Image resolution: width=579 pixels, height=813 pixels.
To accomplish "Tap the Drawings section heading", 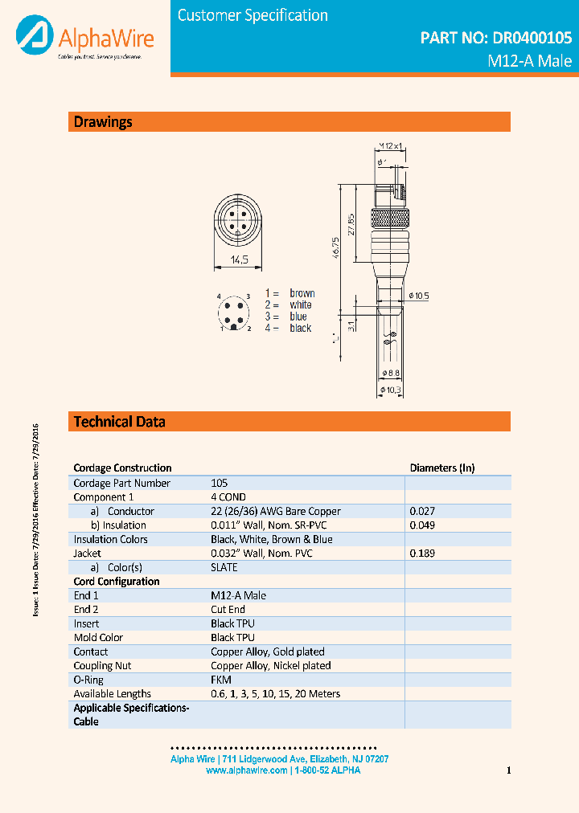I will pos(103,122).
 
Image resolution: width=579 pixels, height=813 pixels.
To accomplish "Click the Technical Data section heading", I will pos(120,422).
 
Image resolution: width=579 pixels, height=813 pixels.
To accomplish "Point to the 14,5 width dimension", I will pos(239,259).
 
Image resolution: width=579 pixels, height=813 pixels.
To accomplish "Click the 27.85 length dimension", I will pos(351,223).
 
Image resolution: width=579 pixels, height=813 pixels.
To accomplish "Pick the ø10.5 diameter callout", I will pos(419,296).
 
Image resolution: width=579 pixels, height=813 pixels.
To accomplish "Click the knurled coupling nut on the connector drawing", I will pos(390,217).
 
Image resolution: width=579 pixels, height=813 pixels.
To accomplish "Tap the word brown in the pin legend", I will pos(302,293).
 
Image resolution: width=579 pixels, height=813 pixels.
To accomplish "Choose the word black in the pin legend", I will pos(300,328).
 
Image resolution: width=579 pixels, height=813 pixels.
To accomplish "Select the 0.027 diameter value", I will pos(422,511).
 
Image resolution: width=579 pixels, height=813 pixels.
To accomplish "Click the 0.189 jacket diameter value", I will pos(422,554).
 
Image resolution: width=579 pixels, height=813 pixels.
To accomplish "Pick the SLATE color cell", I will pos(224,567).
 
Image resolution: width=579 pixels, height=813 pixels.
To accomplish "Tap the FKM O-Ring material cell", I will pos(221,680).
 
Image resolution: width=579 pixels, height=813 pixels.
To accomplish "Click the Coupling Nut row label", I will pos(103,665).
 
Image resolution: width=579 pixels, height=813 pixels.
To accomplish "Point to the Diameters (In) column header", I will pos(442,468).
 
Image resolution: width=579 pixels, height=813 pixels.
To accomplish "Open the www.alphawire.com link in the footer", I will pos(246,770).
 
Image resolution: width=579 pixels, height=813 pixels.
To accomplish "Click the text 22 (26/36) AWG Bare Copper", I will pos(276,511).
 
